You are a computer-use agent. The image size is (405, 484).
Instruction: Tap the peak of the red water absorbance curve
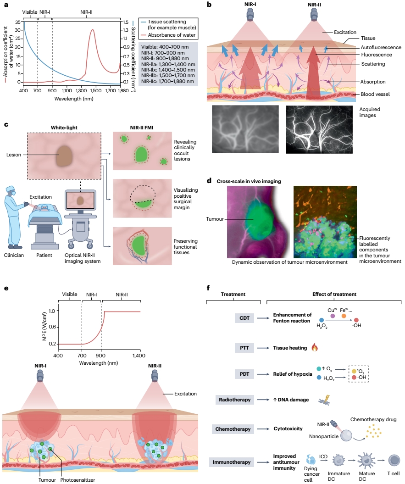click(x=93, y=30)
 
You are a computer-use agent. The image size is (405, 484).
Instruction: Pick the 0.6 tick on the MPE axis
click(x=53, y=327)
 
